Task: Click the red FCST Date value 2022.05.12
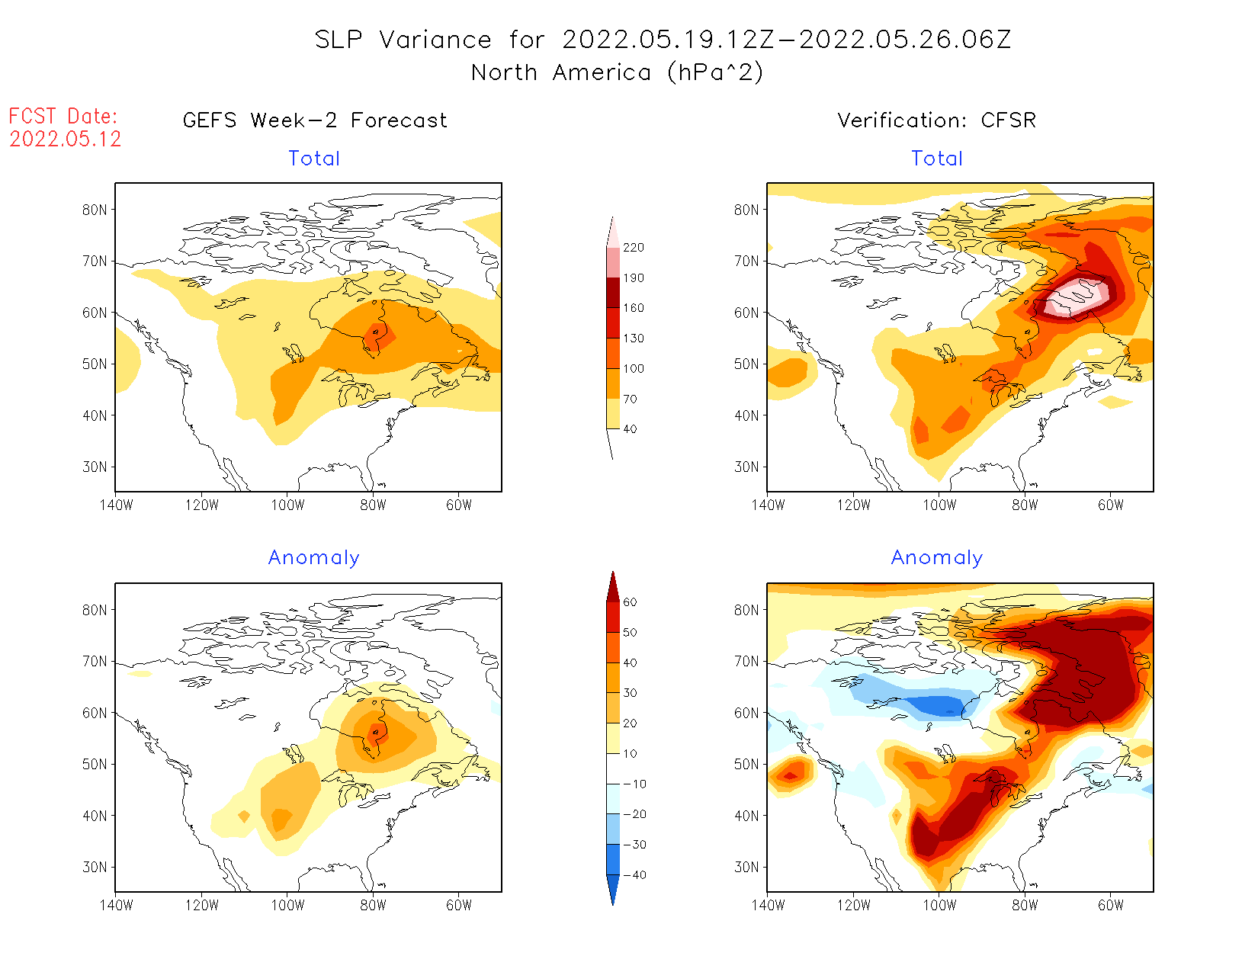[x=66, y=139]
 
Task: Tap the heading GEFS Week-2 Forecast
[x=315, y=120]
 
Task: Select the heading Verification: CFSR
[x=936, y=120]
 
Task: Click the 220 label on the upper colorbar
[x=633, y=248]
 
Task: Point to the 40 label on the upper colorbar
[x=630, y=429]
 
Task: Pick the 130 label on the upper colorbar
[x=633, y=338]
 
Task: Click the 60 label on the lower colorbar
[x=630, y=602]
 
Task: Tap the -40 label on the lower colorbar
[x=634, y=875]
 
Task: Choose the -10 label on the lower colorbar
[x=634, y=784]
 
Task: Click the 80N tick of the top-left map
[x=95, y=210]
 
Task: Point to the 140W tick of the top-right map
[x=768, y=505]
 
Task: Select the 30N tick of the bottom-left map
[x=95, y=868]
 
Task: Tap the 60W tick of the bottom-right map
[x=1111, y=905]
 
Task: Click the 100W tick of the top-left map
[x=287, y=505]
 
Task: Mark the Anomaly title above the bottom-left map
[x=313, y=558]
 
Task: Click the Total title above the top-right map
[x=937, y=159]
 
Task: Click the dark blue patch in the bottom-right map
[x=938, y=706]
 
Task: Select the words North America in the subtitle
[x=561, y=72]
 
